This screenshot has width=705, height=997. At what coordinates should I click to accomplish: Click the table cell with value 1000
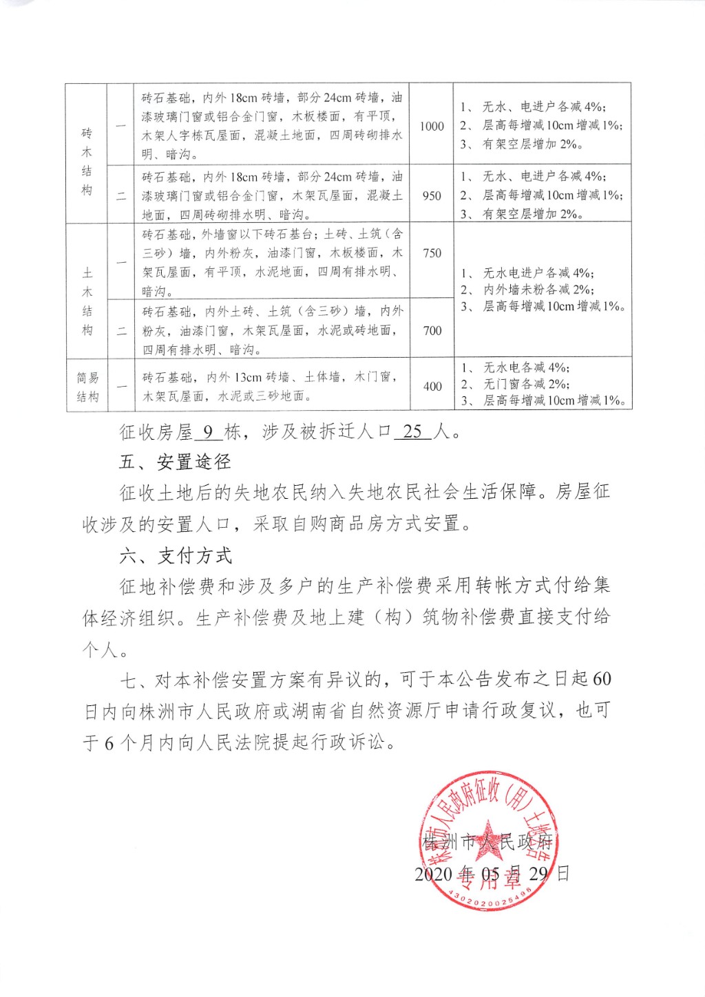coord(432,126)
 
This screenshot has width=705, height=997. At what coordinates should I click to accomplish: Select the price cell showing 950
coord(432,195)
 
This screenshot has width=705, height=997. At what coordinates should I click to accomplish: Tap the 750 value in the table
coord(432,253)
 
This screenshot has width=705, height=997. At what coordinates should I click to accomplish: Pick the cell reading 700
coord(432,331)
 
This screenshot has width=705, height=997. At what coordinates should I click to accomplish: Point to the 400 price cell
coord(432,386)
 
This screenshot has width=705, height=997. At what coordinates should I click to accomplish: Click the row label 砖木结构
coord(87,161)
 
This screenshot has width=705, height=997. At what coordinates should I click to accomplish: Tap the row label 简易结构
coord(87,387)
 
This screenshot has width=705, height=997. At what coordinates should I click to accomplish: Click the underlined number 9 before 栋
coord(209,432)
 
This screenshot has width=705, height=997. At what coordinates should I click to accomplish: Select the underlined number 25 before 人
coord(412,431)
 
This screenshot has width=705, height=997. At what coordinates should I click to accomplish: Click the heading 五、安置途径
coord(175,462)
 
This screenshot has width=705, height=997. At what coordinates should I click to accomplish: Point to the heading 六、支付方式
coord(176,555)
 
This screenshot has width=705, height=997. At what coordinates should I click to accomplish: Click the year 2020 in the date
coord(433,874)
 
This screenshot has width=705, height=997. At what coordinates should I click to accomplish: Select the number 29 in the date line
coord(538,874)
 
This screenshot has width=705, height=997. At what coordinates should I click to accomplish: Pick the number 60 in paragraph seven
coord(601,679)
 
